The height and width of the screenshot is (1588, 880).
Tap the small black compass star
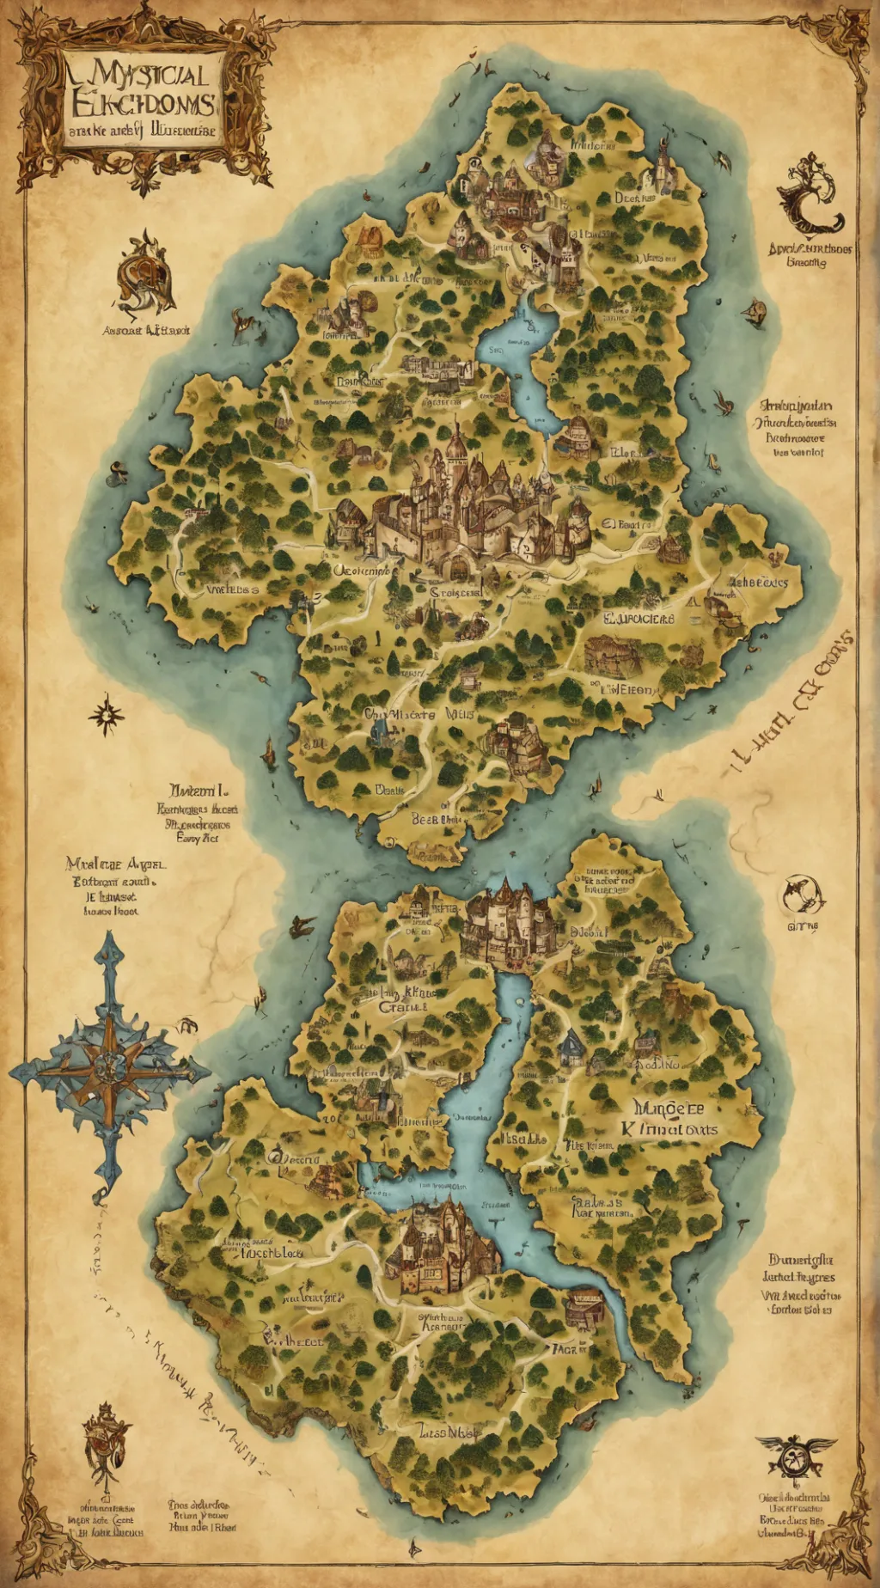coord(106,714)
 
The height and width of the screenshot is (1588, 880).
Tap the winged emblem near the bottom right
coord(794,1453)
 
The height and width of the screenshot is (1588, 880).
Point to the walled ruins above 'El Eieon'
coord(614,655)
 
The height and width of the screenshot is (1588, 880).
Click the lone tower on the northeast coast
coord(663,168)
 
